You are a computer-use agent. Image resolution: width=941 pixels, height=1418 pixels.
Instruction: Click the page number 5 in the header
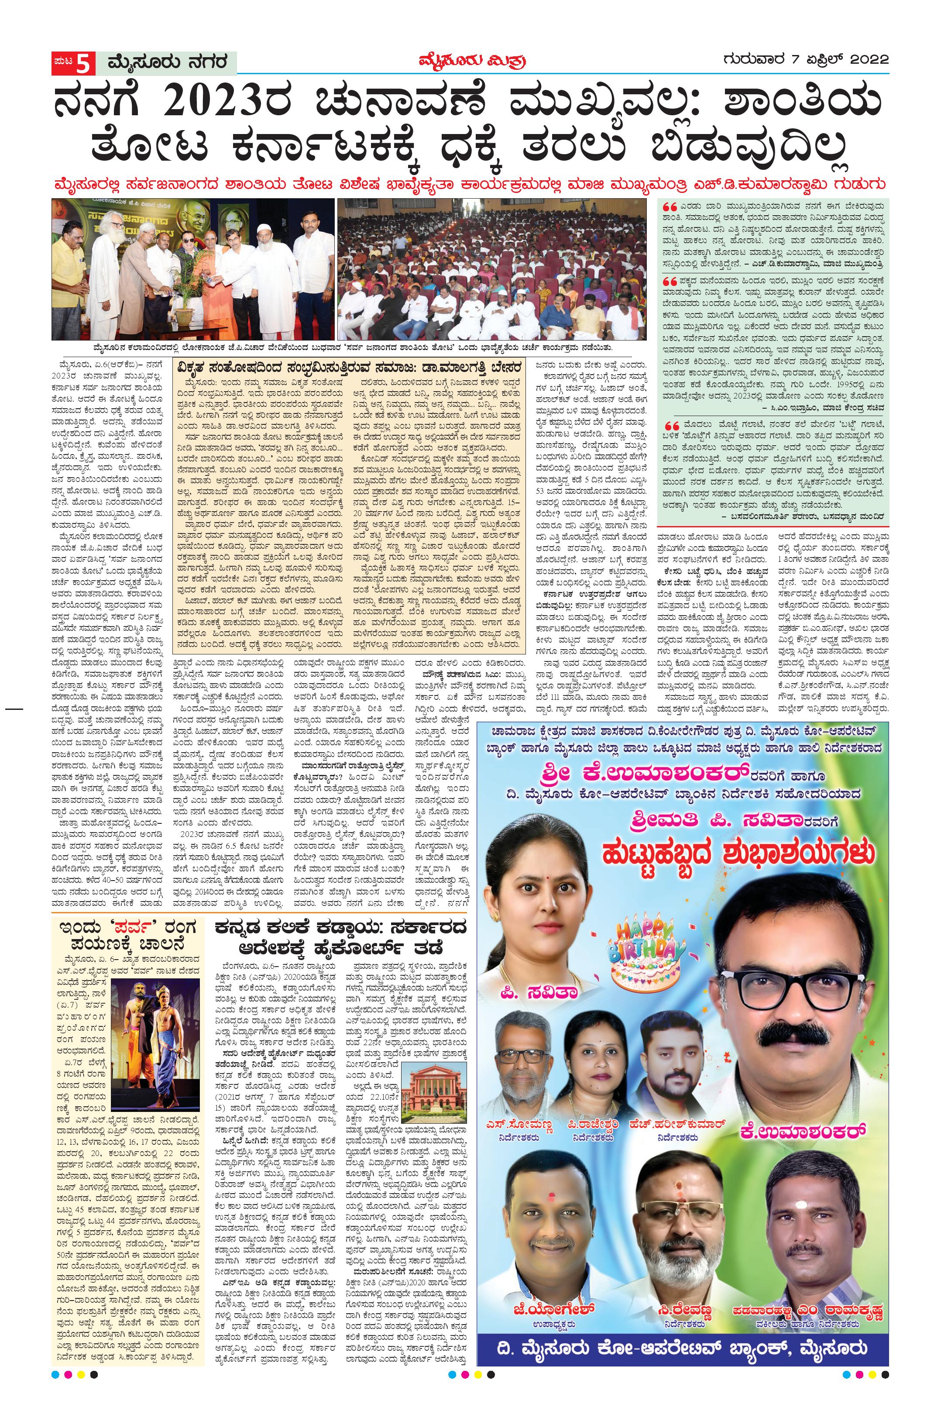click(x=84, y=62)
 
